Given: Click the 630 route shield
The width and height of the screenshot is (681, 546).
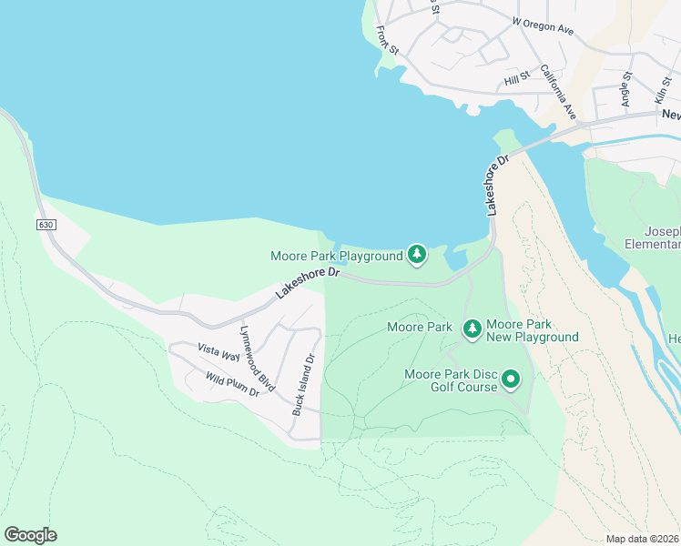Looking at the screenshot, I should point(46,224).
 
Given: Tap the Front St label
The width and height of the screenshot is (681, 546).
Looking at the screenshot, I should point(388,38).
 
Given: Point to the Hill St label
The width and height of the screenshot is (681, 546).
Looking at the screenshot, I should point(516,82).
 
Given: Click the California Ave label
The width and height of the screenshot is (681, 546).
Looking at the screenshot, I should point(558,92).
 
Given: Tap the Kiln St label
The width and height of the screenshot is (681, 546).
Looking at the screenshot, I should point(661,89).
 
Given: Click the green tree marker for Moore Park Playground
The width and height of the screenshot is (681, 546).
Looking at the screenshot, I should point(417,254).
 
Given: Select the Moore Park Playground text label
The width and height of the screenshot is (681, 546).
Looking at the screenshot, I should point(336,257).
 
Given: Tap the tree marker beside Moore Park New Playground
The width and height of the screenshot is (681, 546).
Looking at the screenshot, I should point(472,329).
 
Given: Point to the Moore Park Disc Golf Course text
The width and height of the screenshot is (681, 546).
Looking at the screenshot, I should point(451,380).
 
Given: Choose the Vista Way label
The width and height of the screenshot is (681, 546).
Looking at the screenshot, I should point(219,352).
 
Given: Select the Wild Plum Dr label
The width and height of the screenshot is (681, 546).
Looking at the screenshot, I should point(232,385).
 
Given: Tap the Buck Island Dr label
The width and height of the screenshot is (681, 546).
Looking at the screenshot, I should point(303,385).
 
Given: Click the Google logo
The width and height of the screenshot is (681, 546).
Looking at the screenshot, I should point(30,535).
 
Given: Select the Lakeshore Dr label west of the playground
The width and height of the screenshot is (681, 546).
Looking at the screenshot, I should point(308,283).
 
